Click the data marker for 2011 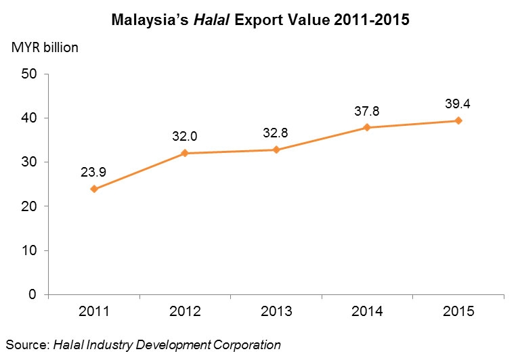[x=94, y=189]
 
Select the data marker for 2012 [x=185, y=153]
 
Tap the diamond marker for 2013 [x=276, y=150]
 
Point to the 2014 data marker [x=367, y=127]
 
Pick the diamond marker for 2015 [x=458, y=120]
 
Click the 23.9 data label [x=94, y=172]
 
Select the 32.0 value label [x=185, y=135]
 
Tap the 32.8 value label [x=276, y=133]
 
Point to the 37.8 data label [x=367, y=110]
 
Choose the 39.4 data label [x=458, y=103]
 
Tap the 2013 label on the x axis [x=276, y=312]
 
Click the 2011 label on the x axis [x=94, y=312]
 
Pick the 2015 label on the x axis [x=458, y=312]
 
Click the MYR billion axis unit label [x=44, y=48]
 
